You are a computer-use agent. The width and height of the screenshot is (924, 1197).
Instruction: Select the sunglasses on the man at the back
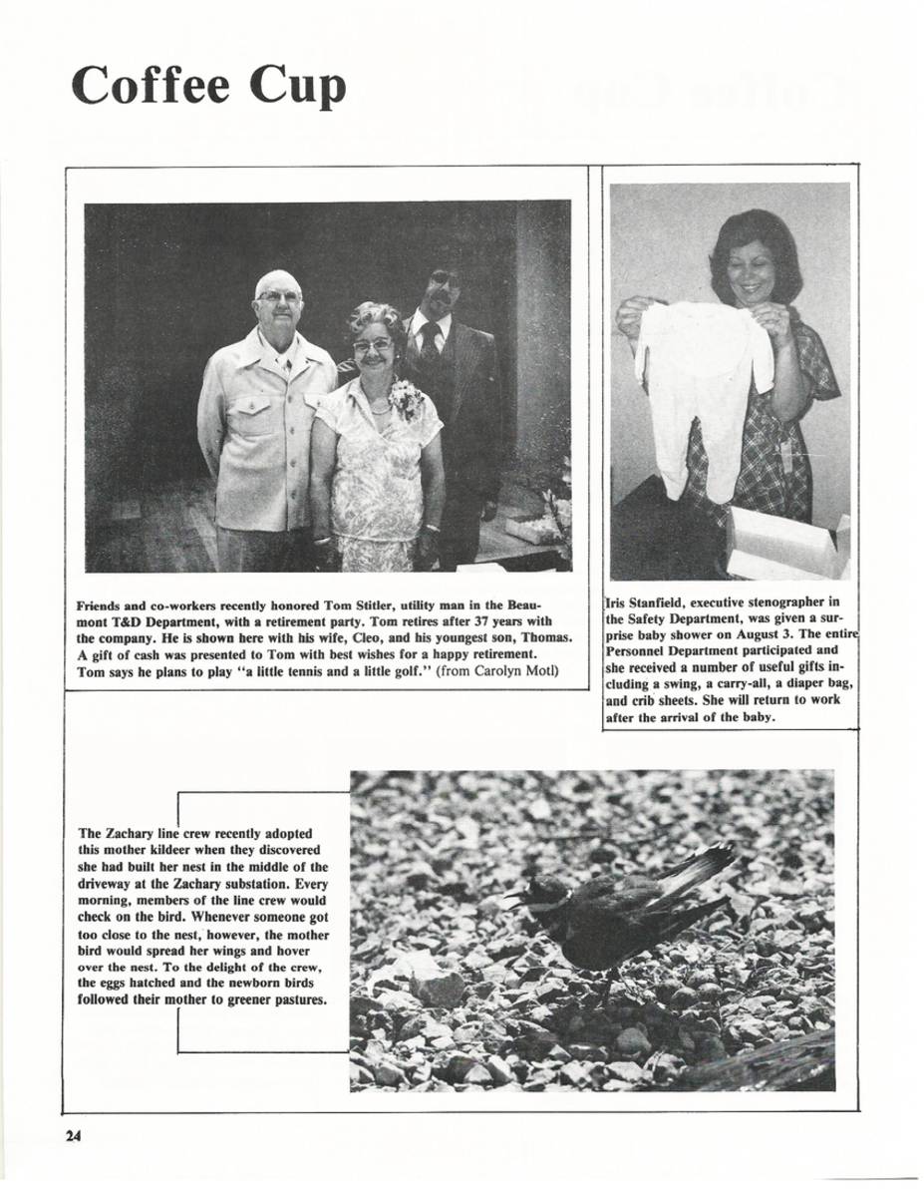[x=443, y=280]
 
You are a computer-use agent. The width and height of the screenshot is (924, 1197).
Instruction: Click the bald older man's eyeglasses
[x=277, y=296]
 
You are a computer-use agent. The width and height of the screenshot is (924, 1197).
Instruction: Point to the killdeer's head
[x=545, y=890]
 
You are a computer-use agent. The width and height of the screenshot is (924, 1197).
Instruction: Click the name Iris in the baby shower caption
[x=618, y=601]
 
